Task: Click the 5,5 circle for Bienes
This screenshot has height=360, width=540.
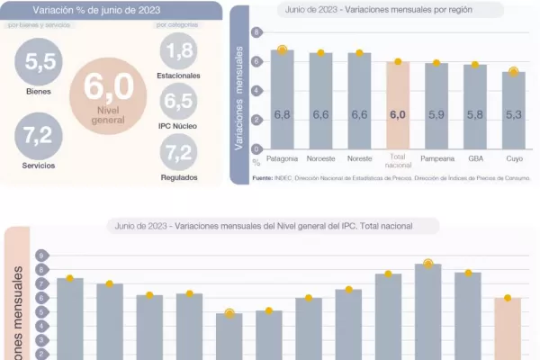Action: pos(39,63)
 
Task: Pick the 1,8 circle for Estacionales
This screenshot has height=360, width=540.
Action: pos(178,50)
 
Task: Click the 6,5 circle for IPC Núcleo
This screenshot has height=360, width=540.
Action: pos(178,100)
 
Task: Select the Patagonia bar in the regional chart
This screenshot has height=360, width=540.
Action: pos(282,99)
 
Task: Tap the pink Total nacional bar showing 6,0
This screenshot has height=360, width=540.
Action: pos(398,104)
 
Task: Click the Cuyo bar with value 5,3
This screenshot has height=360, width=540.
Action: pos(513,110)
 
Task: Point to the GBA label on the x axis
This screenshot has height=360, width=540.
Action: pos(474,158)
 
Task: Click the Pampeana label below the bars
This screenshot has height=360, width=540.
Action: pos(436,158)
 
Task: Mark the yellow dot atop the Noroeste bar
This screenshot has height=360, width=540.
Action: pos(320,53)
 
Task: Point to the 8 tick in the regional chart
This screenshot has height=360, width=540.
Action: pos(257,32)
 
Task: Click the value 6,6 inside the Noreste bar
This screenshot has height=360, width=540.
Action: pos(359,115)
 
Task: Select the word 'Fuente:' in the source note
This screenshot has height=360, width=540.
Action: pos(262,178)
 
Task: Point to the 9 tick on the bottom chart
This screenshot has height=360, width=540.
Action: pos(41,256)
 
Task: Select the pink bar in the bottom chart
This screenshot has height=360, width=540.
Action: pos(508,328)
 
